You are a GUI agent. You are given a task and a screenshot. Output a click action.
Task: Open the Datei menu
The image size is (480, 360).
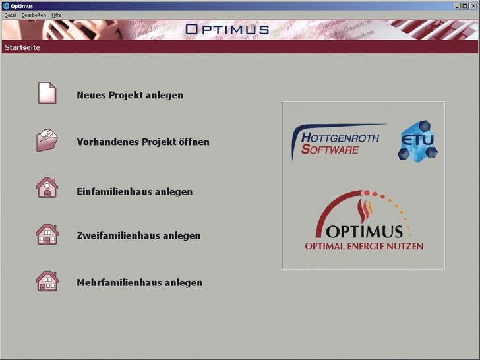tap(10, 15)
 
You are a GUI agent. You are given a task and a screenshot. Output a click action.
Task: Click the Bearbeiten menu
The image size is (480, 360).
tap(34, 15)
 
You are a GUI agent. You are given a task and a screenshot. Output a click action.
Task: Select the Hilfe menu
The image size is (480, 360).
tap(57, 15)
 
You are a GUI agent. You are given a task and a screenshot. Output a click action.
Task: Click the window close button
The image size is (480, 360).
tap(474, 6)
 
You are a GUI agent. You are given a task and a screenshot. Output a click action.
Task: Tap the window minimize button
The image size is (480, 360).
tap(457, 6)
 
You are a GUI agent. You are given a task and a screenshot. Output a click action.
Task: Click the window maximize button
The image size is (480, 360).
tap(465, 6)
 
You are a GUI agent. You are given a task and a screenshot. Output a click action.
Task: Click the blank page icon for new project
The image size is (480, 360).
tap(47, 93)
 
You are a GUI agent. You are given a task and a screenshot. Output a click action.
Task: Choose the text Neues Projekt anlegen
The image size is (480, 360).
tap(130, 95)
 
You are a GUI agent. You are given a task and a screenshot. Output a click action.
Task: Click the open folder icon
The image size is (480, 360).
tap(47, 140)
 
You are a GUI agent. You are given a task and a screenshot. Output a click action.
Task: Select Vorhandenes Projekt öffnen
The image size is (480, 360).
tap(143, 142)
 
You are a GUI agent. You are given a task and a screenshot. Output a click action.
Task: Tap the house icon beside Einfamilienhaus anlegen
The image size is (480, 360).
tap(47, 188)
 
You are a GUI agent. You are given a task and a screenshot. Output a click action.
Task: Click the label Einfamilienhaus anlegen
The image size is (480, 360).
tap(135, 192)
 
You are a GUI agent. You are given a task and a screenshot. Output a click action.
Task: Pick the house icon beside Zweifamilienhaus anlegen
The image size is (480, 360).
tap(47, 234)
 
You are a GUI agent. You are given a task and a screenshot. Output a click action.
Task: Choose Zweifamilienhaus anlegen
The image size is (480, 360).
tap(138, 235)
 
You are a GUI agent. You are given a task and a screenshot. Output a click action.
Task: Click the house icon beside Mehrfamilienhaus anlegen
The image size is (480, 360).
tap(47, 281)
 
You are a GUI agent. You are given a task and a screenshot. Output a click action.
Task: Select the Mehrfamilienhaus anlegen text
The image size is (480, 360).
tap(139, 283)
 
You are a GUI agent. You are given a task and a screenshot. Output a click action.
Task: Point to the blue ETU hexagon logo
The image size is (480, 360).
tap(418, 140)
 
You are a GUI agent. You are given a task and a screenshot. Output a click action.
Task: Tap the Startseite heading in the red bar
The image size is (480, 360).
tap(22, 47)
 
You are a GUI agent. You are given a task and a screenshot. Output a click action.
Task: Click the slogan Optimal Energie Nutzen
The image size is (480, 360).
tap(364, 246)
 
